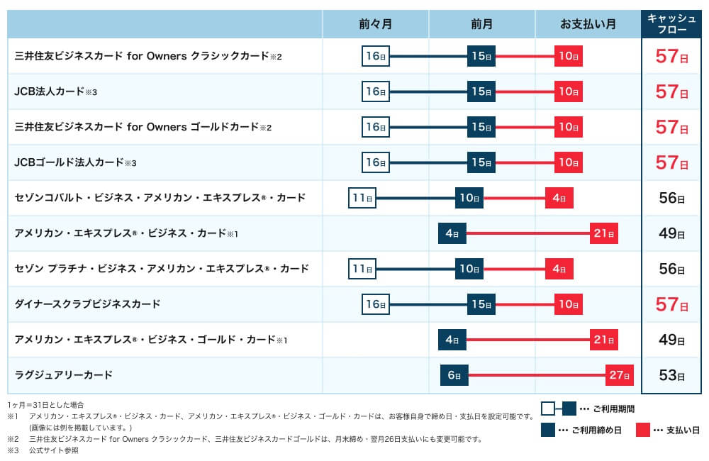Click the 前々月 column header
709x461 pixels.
pyautogui.click(x=375, y=24)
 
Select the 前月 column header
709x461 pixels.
pyautogui.click(x=481, y=24)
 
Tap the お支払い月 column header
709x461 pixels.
pyautogui.click(x=588, y=24)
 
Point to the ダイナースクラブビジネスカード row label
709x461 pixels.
pyautogui.click(x=87, y=304)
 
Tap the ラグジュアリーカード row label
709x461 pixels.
pyautogui.click(x=63, y=374)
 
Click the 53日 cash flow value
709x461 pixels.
pyautogui.click(x=671, y=375)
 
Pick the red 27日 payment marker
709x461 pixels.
pyautogui.click(x=619, y=375)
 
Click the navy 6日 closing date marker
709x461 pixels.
pyautogui.click(x=453, y=375)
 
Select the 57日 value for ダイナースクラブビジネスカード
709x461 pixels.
pyautogui.click(x=671, y=304)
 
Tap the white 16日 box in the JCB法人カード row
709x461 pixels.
pyautogui.click(x=375, y=91)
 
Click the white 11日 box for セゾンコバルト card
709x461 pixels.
pyautogui.click(x=362, y=198)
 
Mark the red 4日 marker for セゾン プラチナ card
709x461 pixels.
pyautogui.click(x=559, y=269)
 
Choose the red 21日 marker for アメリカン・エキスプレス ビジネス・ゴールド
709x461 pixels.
pyautogui.click(x=603, y=340)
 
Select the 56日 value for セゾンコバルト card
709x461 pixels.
pyautogui.click(x=671, y=198)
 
